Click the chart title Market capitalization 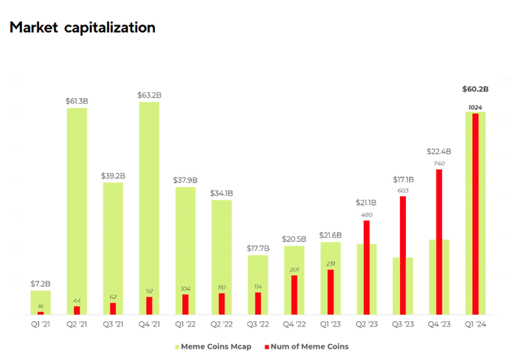[82, 27]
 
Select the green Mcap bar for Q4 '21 [149, 206]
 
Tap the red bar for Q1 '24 [475, 214]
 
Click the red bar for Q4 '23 [439, 241]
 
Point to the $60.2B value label [475, 89]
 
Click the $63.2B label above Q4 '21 [150, 95]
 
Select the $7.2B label [40, 284]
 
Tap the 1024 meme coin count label [475, 108]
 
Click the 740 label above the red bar [439, 163]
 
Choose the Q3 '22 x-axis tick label [258, 323]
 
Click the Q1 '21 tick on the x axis [40, 323]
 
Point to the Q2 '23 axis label [366, 323]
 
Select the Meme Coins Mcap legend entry [216, 346]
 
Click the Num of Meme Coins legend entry [307, 346]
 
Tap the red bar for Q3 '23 [403, 255]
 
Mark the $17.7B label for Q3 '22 [258, 249]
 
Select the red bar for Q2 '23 [366, 267]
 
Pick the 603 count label [403, 191]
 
